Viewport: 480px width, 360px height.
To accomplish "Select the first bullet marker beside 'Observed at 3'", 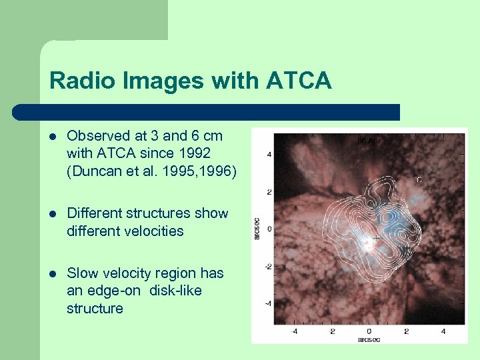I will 53,136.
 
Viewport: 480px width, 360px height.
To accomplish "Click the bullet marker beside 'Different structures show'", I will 53,214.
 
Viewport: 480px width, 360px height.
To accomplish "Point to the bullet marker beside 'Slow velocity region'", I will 53,274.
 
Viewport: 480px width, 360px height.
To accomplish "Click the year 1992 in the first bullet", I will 195,153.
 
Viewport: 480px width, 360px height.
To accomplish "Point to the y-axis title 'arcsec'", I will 257,228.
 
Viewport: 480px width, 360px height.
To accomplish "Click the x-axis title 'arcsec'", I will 369,339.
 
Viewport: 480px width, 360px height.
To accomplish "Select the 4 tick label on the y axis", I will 269,154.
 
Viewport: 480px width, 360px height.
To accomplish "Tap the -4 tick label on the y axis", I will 268,303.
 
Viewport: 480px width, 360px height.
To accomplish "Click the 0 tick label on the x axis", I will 369,331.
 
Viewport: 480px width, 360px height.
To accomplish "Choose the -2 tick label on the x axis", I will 331,331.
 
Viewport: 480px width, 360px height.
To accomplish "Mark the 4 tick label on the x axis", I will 443,331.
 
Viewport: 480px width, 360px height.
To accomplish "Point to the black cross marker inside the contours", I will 377,237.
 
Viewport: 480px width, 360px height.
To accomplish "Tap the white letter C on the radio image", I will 419,179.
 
